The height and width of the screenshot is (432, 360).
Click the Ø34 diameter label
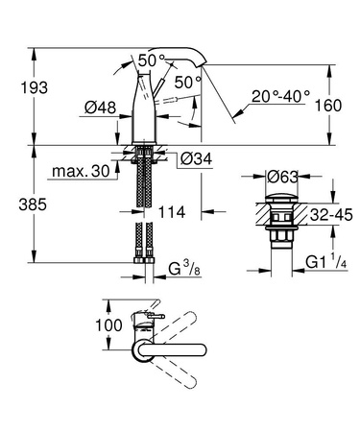[x=195, y=158]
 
